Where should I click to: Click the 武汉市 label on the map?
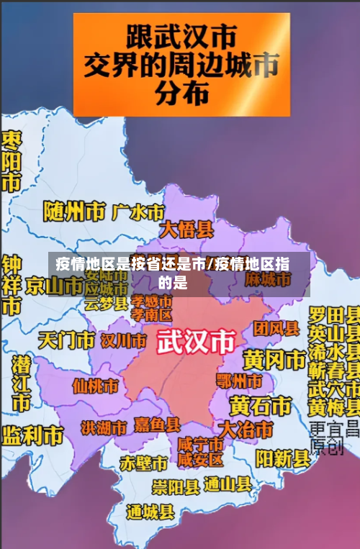click(196, 340)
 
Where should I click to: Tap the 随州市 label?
click(74, 212)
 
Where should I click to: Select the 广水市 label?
click(138, 212)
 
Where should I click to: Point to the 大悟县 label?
click(186, 230)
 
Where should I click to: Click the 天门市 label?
click(66, 339)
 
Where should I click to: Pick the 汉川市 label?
click(124, 339)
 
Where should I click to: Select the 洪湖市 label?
click(104, 427)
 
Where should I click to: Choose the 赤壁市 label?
click(143, 461)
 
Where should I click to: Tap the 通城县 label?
click(150, 512)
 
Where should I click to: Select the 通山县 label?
click(228, 484)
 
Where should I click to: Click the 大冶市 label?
click(246, 430)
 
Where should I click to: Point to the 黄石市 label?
click(260, 405)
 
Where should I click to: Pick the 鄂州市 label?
click(239, 380)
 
